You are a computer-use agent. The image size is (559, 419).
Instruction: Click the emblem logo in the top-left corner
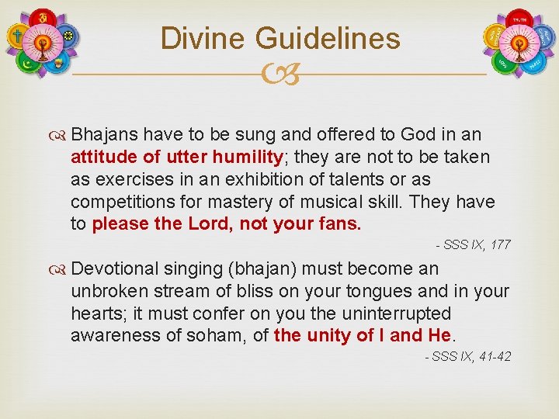pyautogui.click(x=43, y=43)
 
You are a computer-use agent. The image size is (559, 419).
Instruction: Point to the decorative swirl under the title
pyautogui.click(x=279, y=75)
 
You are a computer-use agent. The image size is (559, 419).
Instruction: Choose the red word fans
pyautogui.click(x=342, y=224)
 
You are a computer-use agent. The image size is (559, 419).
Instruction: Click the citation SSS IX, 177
pyautogui.click(x=474, y=245)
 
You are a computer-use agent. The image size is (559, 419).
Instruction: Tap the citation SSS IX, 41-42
pyautogui.click(x=468, y=357)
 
